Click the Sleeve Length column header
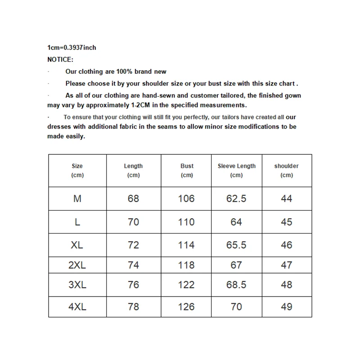[x=236, y=170]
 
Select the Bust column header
[x=187, y=170]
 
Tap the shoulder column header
[x=286, y=170]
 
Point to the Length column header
[x=133, y=170]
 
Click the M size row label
[x=77, y=198]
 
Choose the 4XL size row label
[x=77, y=307]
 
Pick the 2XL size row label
[x=77, y=265]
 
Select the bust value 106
[x=186, y=198]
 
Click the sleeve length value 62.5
[x=236, y=198]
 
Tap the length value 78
[x=134, y=307]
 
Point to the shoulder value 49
[x=286, y=307]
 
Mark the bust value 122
[x=186, y=285]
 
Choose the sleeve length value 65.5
[x=236, y=245]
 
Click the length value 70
[x=134, y=222]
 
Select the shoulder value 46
[x=286, y=245]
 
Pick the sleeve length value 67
[x=236, y=265]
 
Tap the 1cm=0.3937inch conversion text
[x=72, y=48]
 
